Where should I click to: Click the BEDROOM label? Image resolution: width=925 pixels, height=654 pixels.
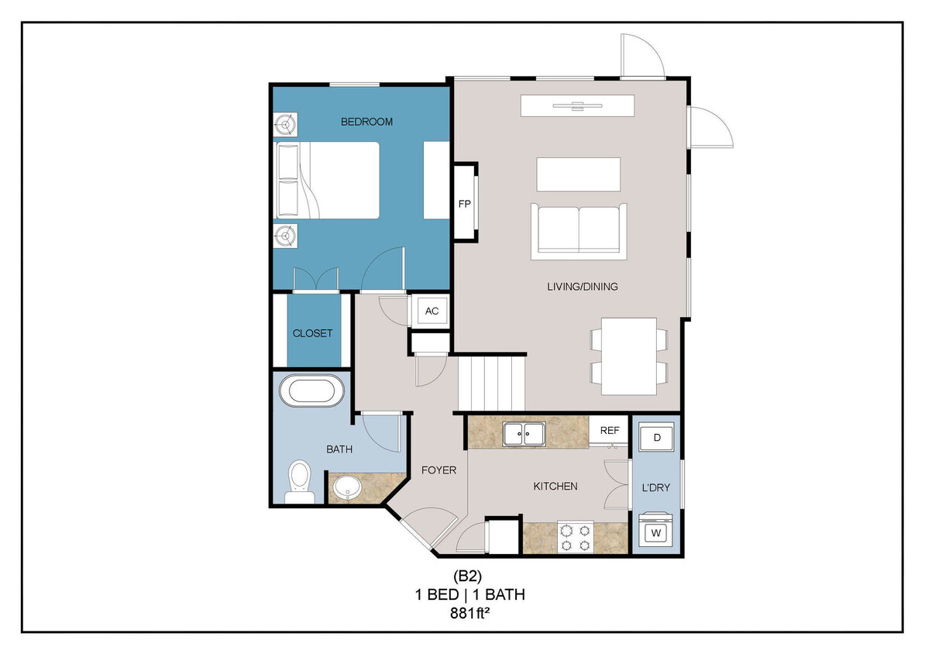click(367, 122)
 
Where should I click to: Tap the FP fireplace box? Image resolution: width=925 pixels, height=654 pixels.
click(465, 203)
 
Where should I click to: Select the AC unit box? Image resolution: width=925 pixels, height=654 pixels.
click(432, 311)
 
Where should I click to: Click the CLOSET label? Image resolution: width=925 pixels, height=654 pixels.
click(312, 333)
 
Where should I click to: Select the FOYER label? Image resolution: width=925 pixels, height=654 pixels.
click(438, 470)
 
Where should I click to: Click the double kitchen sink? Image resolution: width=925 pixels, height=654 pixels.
click(524, 434)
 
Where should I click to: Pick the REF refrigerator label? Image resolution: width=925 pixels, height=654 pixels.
click(610, 429)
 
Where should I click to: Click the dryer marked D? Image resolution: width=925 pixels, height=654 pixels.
click(657, 438)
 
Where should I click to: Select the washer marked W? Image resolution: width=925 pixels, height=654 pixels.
click(657, 532)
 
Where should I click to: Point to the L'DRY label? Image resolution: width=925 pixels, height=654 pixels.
click(655, 487)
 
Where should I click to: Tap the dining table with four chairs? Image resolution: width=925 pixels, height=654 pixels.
click(629, 356)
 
